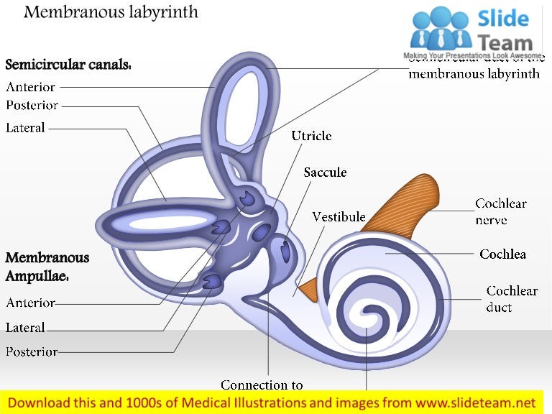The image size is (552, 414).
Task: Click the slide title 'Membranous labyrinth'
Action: click(111, 12)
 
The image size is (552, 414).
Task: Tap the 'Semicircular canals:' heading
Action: click(68, 65)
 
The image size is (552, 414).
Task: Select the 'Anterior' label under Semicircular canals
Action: click(30, 87)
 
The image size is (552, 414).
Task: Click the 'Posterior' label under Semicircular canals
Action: click(32, 105)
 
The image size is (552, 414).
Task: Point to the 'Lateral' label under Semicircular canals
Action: click(25, 128)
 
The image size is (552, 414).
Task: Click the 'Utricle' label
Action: click(311, 135)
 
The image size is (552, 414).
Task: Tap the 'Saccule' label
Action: click(325, 172)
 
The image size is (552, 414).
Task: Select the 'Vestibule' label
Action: click(339, 216)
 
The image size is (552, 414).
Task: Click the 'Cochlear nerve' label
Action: click(501, 211)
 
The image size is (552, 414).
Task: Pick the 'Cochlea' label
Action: click(502, 254)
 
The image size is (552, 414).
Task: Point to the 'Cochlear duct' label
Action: click(512, 299)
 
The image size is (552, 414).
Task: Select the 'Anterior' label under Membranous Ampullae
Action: click(30, 303)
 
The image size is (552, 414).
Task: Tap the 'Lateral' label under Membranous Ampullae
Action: click(25, 328)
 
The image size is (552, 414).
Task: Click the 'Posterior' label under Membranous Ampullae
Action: click(32, 351)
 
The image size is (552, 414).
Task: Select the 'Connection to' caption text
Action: click(262, 385)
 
